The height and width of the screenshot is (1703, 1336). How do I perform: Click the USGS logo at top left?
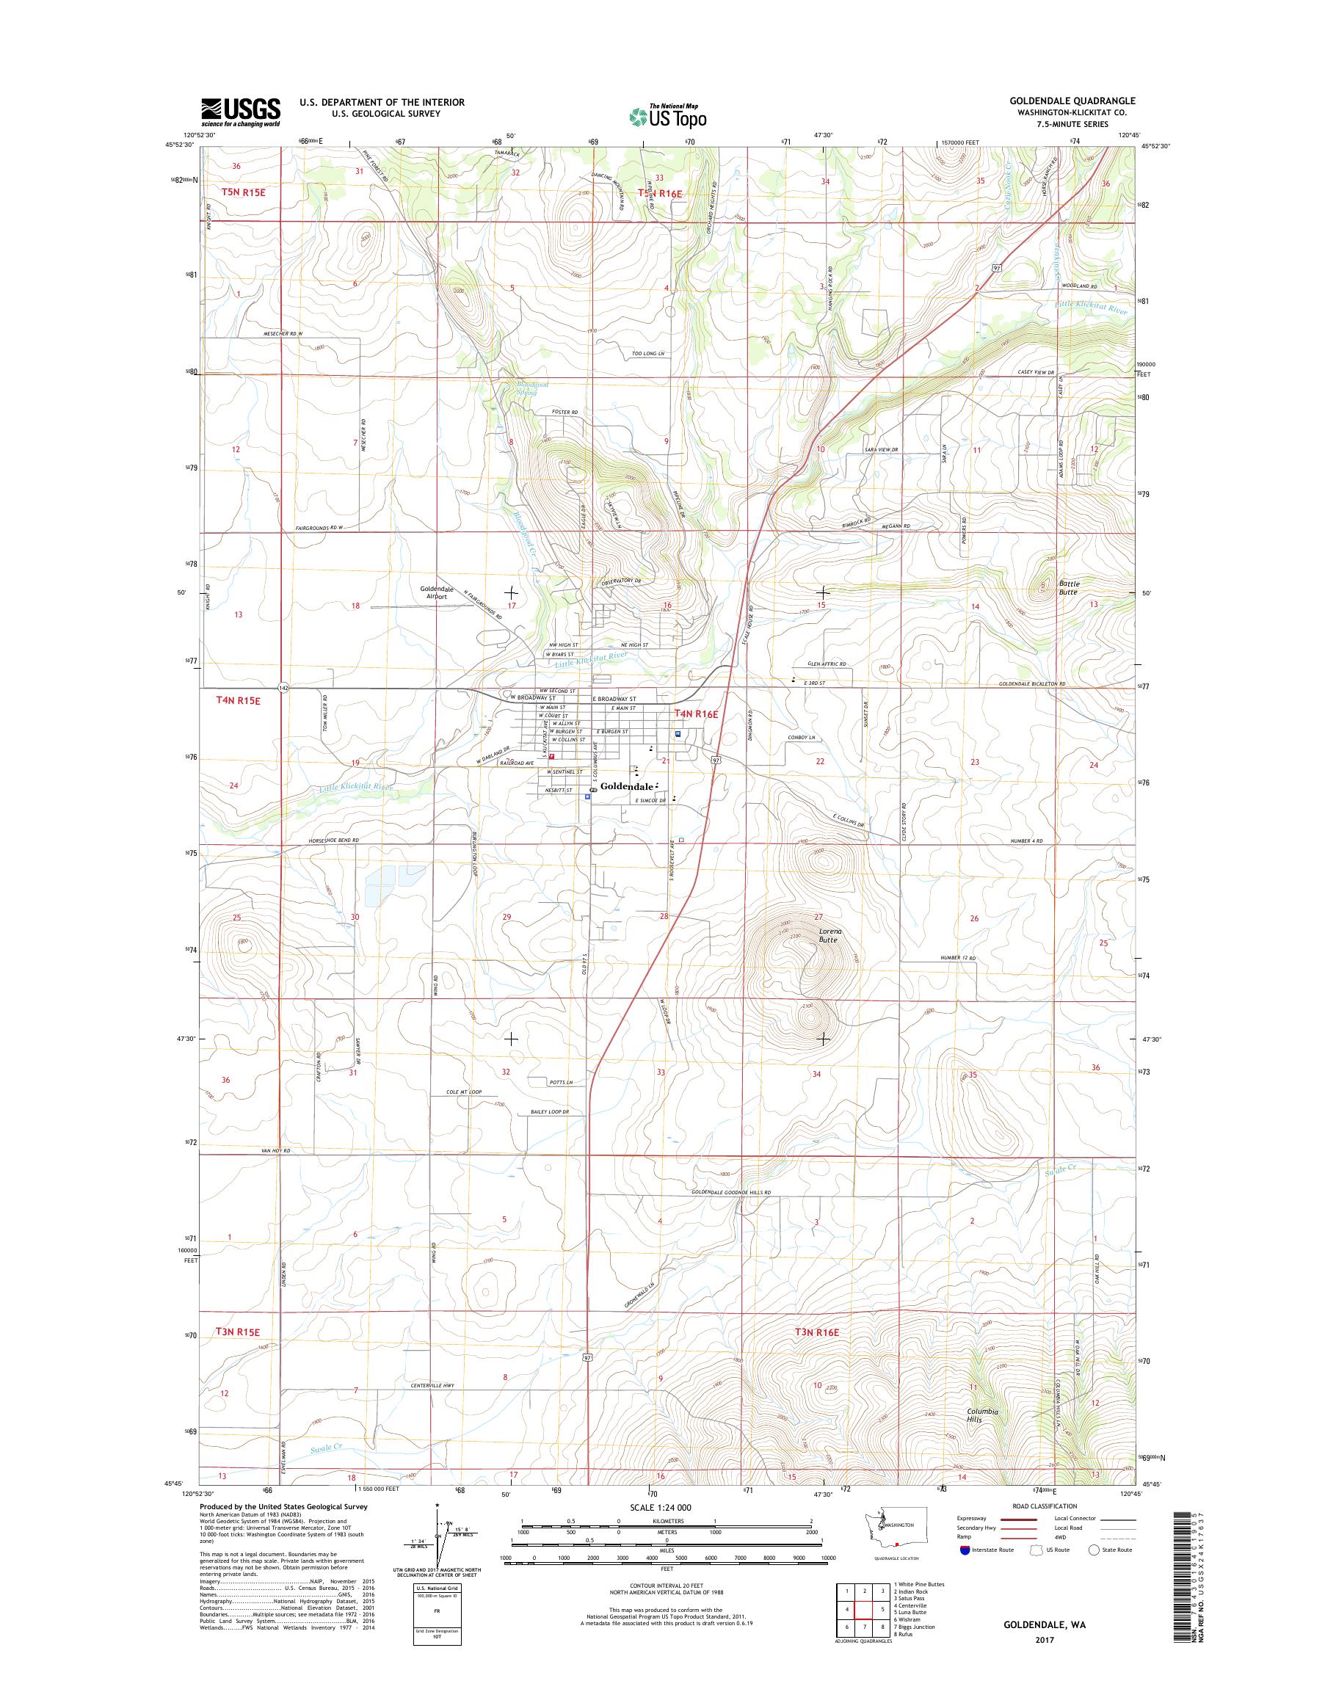240,112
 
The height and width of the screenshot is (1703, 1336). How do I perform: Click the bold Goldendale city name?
627,786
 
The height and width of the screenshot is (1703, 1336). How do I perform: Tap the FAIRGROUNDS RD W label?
319,529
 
